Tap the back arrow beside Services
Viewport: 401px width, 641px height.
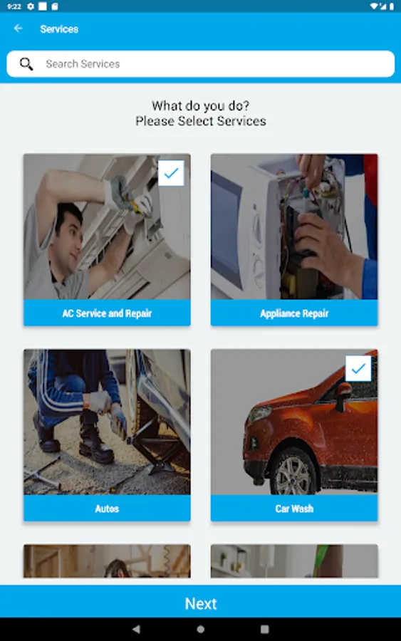[x=18, y=28]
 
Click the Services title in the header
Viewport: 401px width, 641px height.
[x=59, y=29]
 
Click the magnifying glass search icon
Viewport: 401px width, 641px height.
[x=26, y=64]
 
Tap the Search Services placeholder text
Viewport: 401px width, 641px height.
[x=83, y=64]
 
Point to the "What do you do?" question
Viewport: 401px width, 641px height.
[x=200, y=105]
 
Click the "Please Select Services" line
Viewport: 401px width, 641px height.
[x=201, y=121]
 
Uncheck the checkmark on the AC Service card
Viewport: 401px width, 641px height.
[x=171, y=173]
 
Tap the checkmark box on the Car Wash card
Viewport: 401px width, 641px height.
[x=358, y=368]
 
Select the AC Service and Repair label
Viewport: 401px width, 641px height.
[x=107, y=313]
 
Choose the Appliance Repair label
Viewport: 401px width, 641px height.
[x=294, y=313]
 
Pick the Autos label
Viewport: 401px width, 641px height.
[x=107, y=509]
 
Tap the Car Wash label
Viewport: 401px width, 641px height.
[x=294, y=509]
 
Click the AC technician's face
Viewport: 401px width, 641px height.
[x=68, y=236]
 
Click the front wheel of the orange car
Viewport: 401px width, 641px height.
[x=291, y=474]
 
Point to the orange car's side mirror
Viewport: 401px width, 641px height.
[x=343, y=395]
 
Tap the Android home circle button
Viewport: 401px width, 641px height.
[x=200, y=629]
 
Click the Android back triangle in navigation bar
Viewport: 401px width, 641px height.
[x=136, y=629]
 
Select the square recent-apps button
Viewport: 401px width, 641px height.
[x=265, y=629]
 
